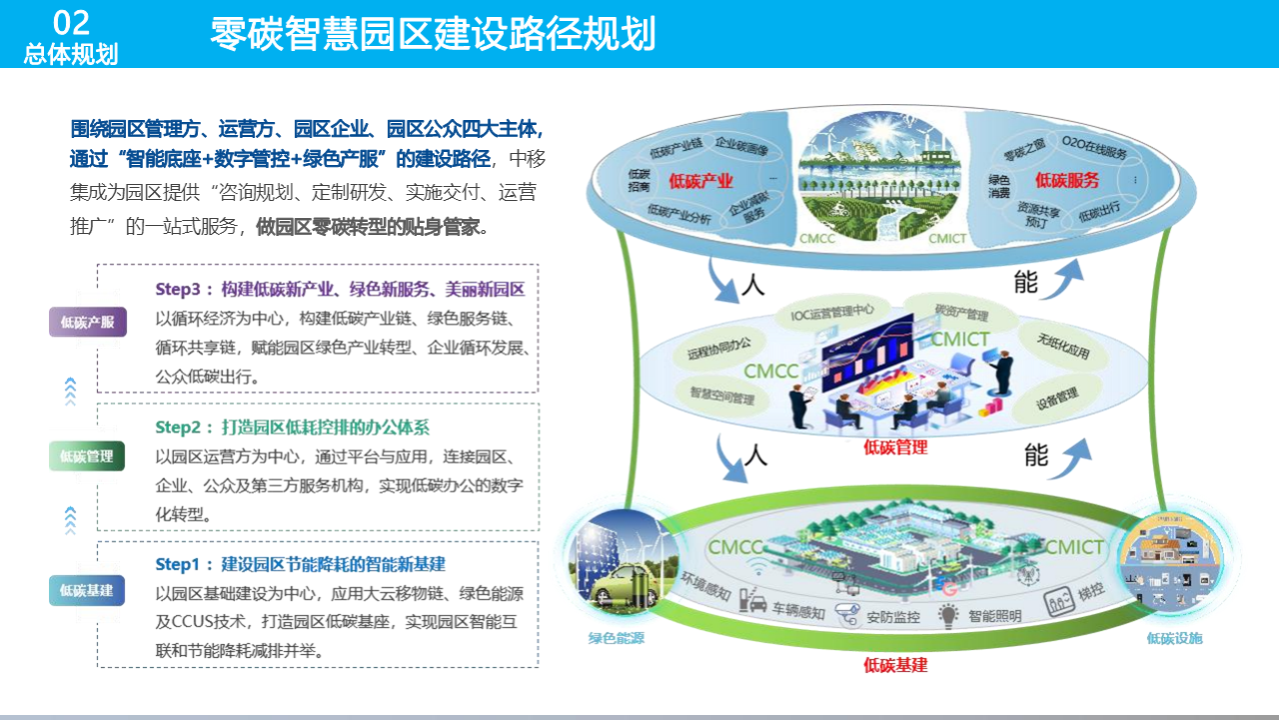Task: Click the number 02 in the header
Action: (x=70, y=22)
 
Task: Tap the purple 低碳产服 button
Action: (x=88, y=322)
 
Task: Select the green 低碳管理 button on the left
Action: (x=87, y=456)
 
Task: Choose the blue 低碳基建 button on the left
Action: (x=87, y=590)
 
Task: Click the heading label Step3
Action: (x=184, y=290)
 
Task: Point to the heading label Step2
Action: (x=184, y=427)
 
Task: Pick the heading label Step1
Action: (x=184, y=564)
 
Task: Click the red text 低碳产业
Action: (x=701, y=181)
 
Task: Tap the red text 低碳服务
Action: (x=1066, y=180)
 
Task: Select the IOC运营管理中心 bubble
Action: (x=832, y=311)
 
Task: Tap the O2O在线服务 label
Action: (x=1094, y=151)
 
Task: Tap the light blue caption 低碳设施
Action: (x=1174, y=638)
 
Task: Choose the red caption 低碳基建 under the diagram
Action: (x=895, y=665)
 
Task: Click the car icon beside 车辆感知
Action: (x=757, y=606)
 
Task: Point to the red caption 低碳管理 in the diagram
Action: (x=895, y=447)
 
